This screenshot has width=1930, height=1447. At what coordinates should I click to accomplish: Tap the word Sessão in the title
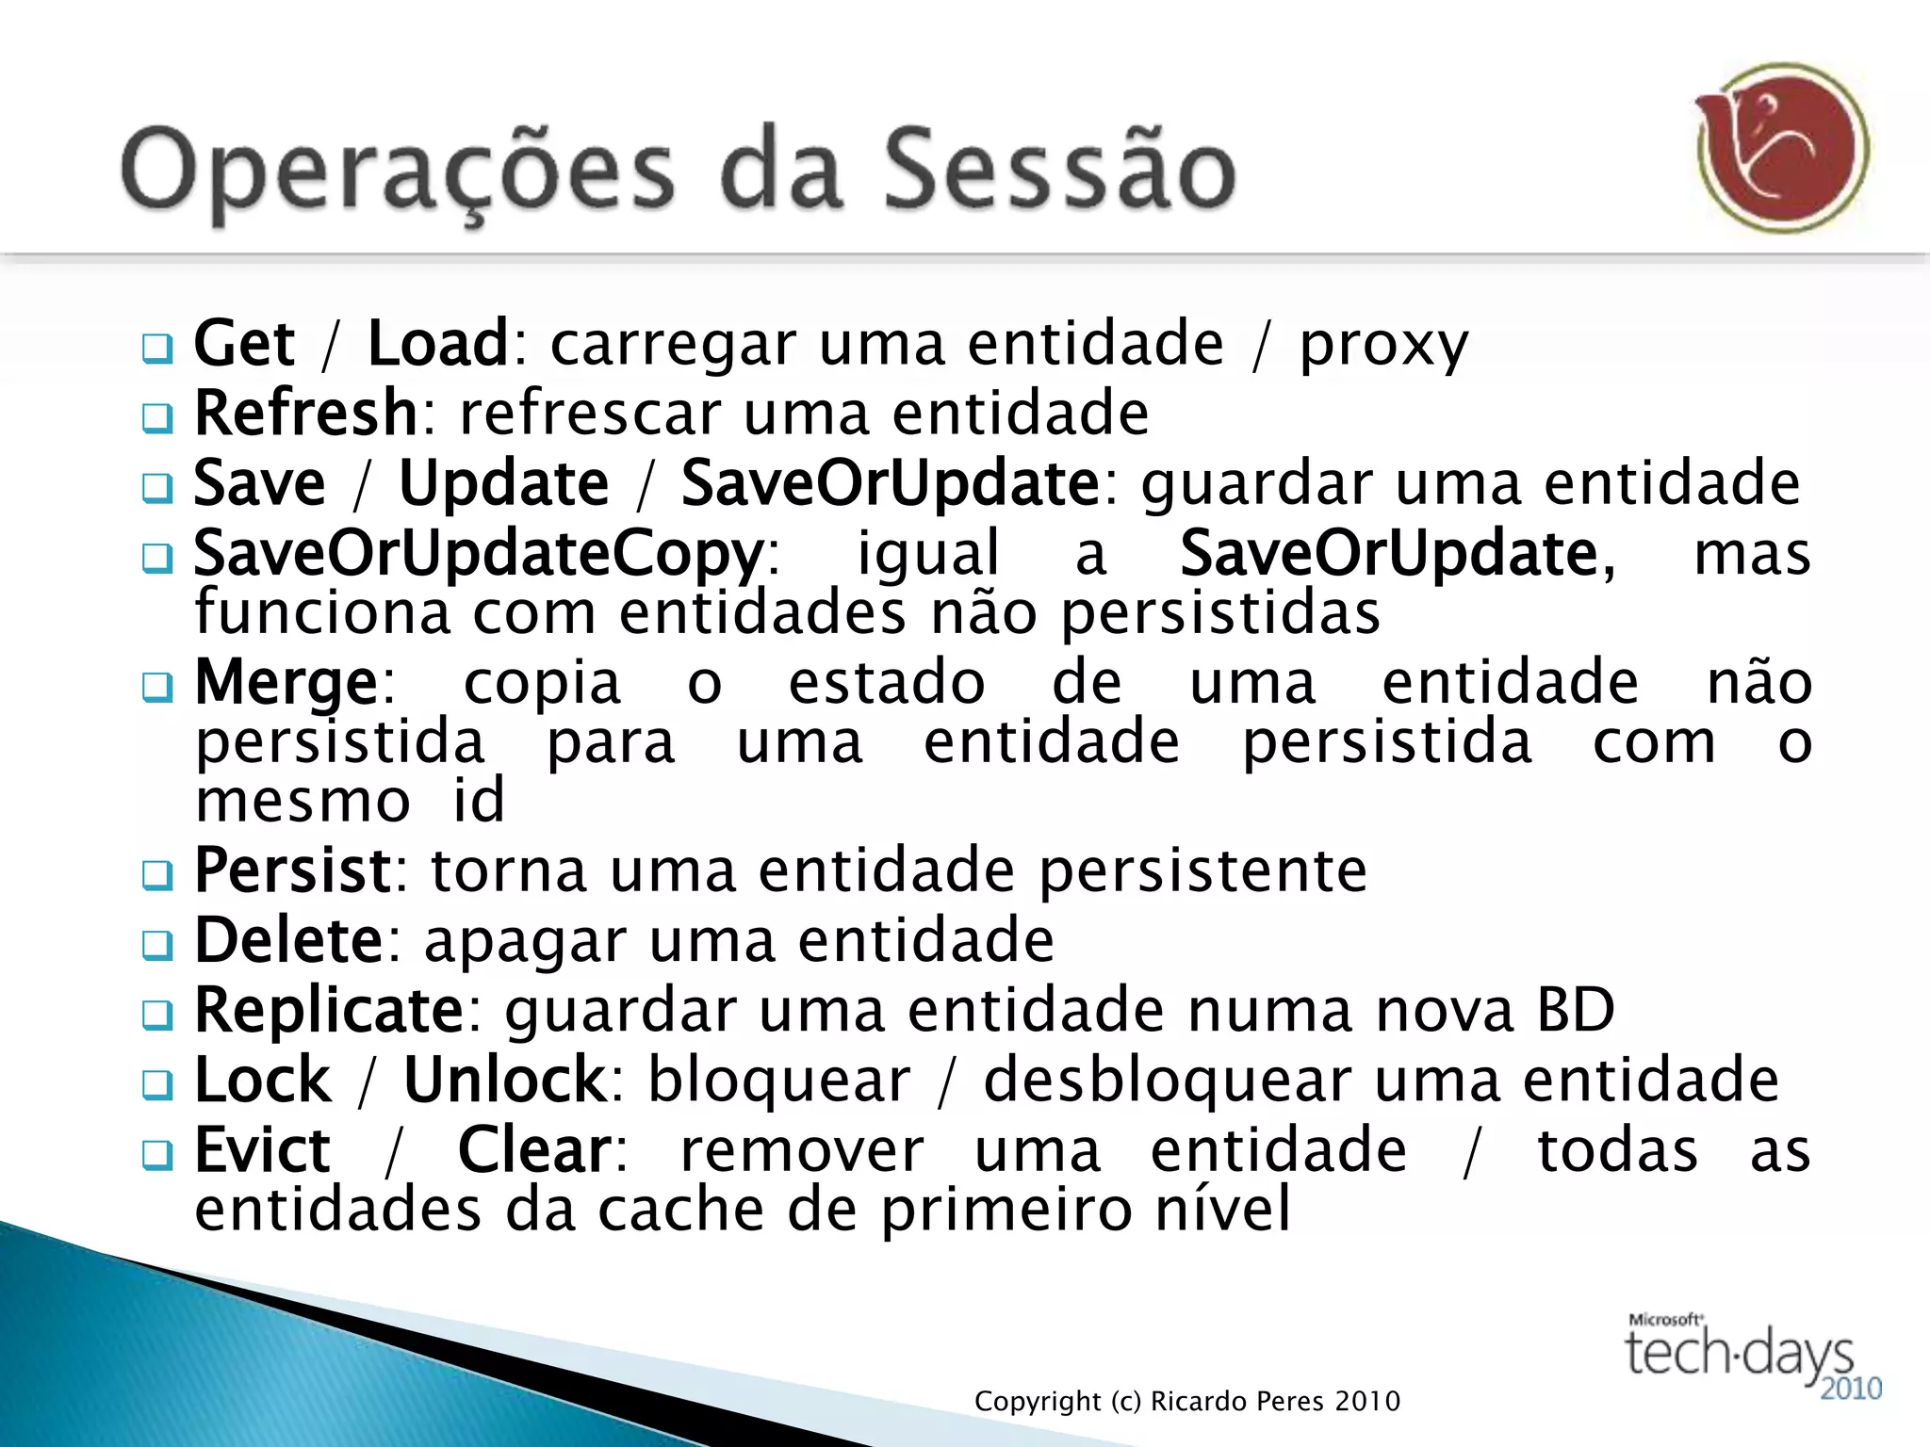tap(1059, 170)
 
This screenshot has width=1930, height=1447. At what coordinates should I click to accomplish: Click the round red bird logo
tap(1782, 148)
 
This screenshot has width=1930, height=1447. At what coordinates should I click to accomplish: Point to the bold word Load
tap(438, 343)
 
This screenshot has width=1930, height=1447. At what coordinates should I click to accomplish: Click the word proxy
tap(1383, 345)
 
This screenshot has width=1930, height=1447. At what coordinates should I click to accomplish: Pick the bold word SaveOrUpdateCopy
tap(479, 553)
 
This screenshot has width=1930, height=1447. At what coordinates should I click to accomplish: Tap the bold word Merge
tap(286, 682)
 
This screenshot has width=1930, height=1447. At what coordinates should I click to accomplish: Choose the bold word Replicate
tap(329, 1010)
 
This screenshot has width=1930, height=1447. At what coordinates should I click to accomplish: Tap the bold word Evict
tap(262, 1150)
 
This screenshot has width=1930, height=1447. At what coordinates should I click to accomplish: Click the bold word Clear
tap(534, 1150)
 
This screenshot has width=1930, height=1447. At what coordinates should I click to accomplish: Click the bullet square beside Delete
tap(157, 944)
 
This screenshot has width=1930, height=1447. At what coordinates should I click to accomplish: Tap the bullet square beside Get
tap(157, 348)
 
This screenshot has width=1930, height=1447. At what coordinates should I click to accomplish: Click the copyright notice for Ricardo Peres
tap(1187, 1402)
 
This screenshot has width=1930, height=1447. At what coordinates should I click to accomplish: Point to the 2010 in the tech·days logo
tap(1851, 1389)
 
